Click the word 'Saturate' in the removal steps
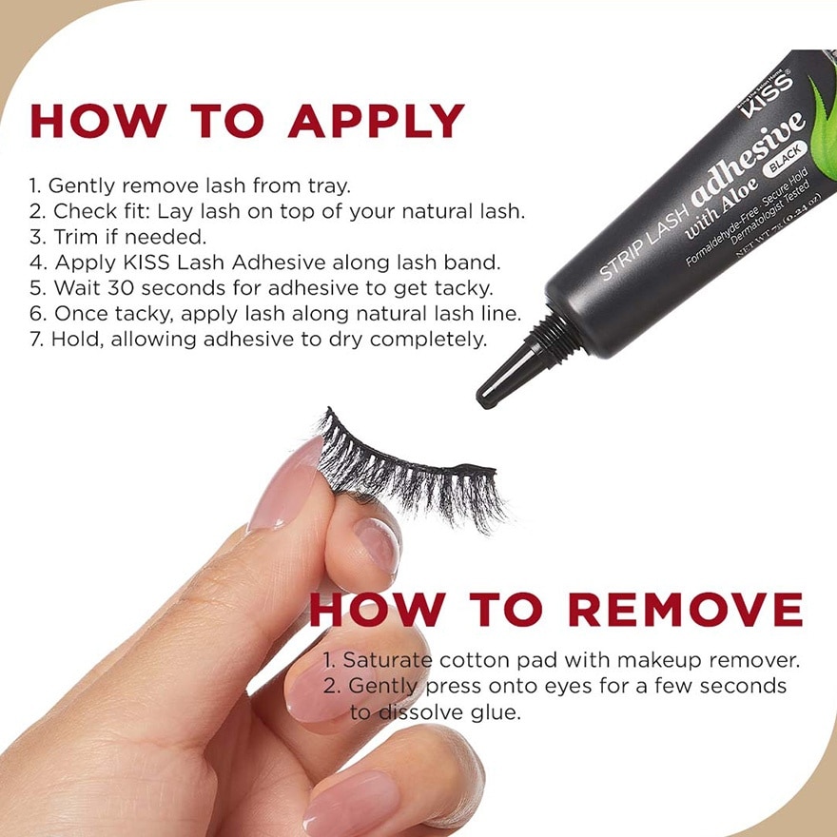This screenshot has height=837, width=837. (x=384, y=659)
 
